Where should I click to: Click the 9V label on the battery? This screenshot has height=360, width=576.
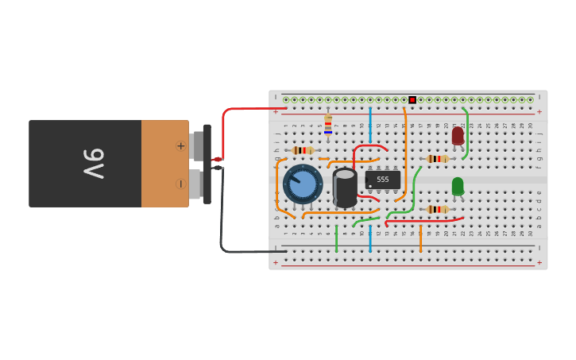click(94, 164)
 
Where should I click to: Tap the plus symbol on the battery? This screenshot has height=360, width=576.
click(180, 145)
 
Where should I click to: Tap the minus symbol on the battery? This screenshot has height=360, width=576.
click(180, 184)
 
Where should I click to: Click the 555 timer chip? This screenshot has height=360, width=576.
click(382, 180)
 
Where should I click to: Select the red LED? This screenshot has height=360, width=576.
click(458, 136)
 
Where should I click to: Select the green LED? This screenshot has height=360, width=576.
click(458, 186)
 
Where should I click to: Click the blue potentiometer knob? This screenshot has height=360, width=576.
click(303, 184)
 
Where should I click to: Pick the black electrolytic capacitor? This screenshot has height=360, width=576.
click(345, 188)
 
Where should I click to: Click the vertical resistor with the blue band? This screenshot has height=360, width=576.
click(328, 125)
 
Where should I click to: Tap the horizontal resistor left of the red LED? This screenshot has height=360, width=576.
click(437, 159)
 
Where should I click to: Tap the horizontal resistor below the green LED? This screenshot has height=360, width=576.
click(437, 209)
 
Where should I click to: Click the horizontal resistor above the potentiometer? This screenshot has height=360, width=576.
click(303, 150)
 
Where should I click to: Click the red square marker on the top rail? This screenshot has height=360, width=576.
click(412, 100)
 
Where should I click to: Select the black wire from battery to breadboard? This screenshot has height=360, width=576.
click(222, 215)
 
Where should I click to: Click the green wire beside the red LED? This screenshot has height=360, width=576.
click(466, 134)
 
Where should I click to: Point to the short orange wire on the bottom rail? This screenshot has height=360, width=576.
click(420, 238)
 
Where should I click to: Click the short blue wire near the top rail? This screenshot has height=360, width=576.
click(369, 125)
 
